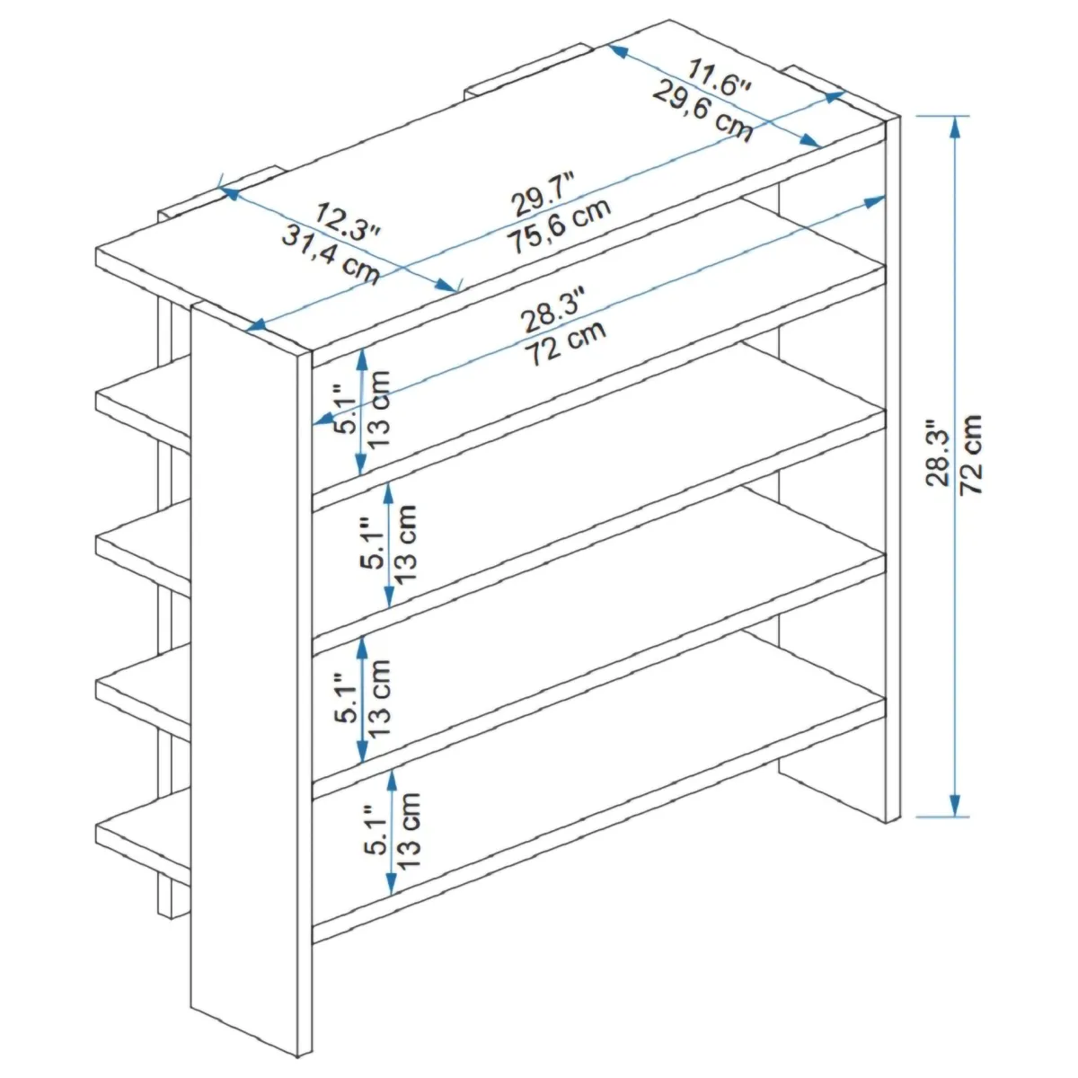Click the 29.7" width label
pos(543,195)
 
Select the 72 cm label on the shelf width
pos(565,342)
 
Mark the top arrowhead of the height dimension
pos(956,128)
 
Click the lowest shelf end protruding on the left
pos(143,835)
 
